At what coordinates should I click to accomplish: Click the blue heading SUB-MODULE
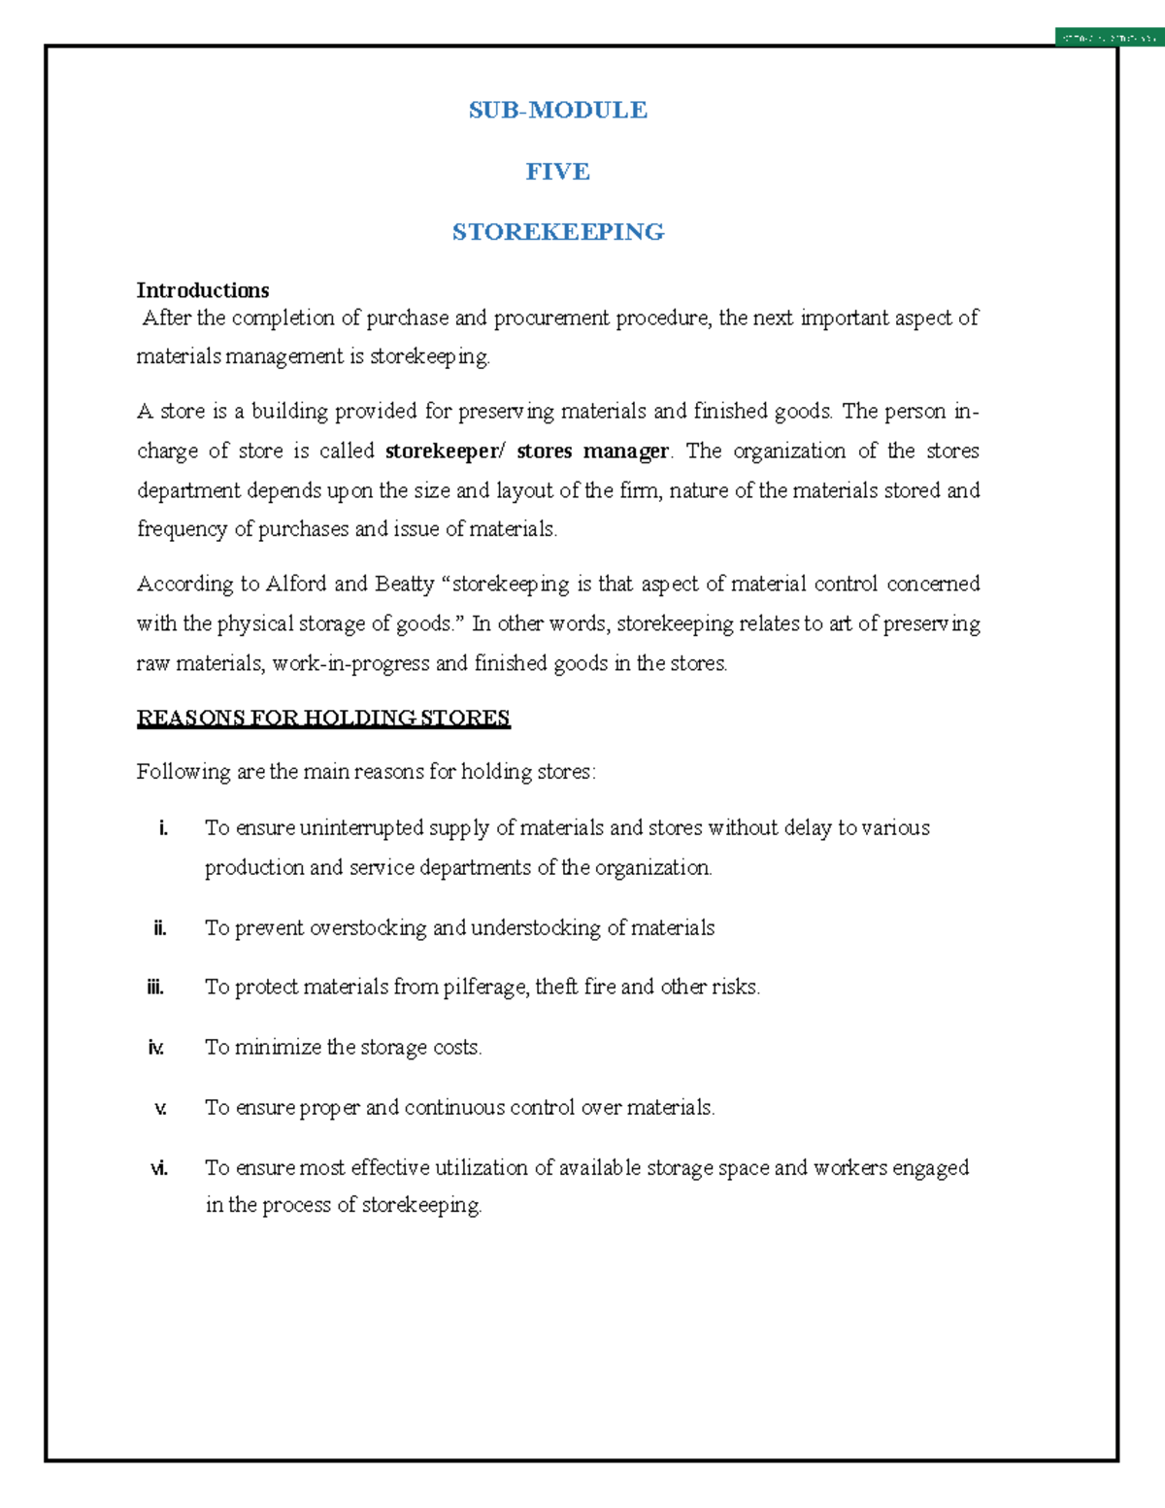[557, 110]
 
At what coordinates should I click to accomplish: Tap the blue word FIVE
[557, 172]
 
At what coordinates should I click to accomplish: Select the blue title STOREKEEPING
[557, 232]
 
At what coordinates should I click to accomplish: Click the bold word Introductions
[202, 290]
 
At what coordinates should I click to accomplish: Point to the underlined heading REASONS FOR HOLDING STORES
[322, 719]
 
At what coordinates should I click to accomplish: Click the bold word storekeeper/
[446, 452]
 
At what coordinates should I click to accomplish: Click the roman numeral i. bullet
[163, 828]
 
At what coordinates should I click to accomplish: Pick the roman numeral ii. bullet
[160, 928]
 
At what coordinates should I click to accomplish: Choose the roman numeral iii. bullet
[155, 988]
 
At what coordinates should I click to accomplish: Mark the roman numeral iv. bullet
[155, 1048]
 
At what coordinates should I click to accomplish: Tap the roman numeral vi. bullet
[158, 1168]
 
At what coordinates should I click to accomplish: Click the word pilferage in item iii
[485, 988]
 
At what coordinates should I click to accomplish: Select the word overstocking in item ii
[368, 928]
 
